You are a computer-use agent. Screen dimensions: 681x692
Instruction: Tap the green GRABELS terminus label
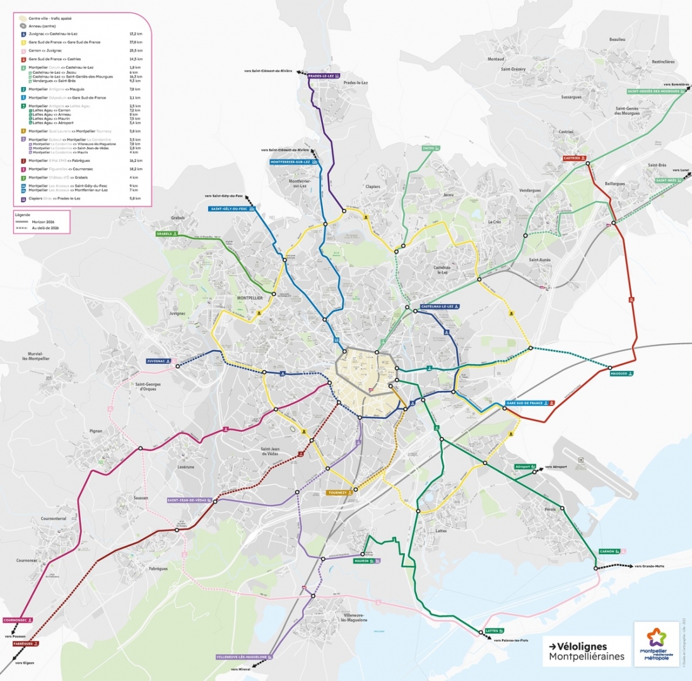(x=168, y=233)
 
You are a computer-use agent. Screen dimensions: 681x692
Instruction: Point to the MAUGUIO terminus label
(x=621, y=373)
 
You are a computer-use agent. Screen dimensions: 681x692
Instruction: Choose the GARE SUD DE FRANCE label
(x=530, y=402)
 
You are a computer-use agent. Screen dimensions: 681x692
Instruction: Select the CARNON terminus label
(x=610, y=551)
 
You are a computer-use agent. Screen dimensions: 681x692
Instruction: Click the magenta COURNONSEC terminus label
(x=18, y=620)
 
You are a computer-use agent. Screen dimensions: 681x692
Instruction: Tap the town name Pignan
(x=96, y=431)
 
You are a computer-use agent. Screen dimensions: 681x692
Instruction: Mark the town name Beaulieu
(x=617, y=39)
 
